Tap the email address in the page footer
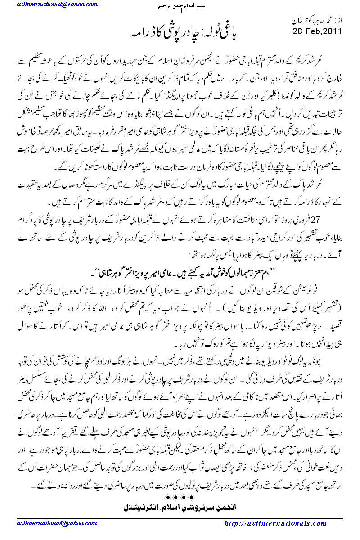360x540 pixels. tap(43, 523)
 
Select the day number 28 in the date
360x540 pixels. tap(299, 31)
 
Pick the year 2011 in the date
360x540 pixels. tap(334, 31)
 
